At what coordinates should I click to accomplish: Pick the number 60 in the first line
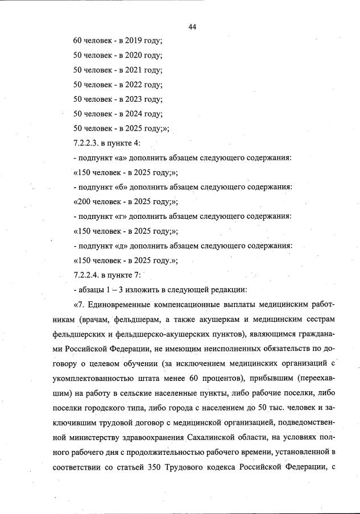(78, 41)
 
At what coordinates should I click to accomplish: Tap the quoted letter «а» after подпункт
(118, 157)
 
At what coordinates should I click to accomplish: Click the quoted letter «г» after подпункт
(118, 216)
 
